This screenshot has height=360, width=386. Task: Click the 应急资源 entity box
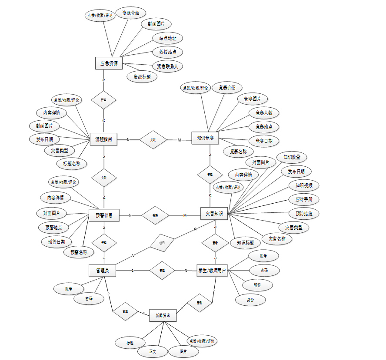109,63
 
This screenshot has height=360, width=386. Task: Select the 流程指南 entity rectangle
103,139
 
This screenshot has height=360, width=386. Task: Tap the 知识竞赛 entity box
205,139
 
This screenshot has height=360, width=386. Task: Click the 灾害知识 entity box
214,214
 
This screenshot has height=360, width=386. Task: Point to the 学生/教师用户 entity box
212,271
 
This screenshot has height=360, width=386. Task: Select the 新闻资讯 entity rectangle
163,316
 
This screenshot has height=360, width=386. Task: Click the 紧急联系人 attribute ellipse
167,66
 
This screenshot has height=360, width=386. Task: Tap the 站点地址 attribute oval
167,38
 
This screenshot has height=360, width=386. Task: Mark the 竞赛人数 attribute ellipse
264,113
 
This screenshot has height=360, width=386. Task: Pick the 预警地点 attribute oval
53,227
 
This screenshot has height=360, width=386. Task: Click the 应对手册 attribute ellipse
304,200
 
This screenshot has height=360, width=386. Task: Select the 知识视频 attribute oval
304,185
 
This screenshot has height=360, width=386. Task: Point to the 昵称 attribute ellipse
258,285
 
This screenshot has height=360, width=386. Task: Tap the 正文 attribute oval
153,351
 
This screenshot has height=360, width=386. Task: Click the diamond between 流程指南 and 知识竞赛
153,140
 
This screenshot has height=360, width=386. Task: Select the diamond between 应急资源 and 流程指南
103,100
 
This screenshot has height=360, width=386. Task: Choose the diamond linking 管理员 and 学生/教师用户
162,271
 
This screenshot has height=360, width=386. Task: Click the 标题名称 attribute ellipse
72,164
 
